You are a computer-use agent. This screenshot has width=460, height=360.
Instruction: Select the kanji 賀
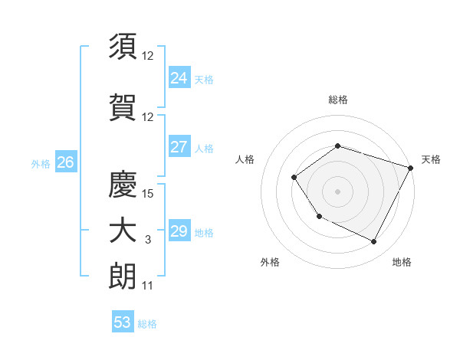[123, 107]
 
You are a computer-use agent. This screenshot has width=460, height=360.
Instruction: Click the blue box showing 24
[179, 77]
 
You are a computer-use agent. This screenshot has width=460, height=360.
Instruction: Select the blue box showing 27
[179, 147]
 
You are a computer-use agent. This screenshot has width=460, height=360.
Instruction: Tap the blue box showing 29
[179, 231]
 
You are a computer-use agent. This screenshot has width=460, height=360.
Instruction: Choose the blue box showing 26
[65, 162]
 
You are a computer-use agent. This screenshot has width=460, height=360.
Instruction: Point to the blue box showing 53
[123, 322]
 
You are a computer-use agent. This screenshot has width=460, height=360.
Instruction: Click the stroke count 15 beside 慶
[149, 194]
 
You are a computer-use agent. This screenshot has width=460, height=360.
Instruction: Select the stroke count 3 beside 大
[148, 241]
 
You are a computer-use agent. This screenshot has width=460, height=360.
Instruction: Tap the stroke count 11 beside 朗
[148, 286]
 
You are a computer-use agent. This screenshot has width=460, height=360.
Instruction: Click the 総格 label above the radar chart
[337, 100]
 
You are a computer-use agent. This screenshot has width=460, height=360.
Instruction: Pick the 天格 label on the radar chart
[431, 159]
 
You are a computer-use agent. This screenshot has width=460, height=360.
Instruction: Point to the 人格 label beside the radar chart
[245, 159]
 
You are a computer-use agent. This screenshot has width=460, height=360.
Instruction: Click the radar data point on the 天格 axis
[411, 167]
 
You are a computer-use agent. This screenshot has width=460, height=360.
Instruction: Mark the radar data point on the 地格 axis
[374, 242]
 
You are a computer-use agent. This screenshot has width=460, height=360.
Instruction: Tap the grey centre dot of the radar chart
[337, 191]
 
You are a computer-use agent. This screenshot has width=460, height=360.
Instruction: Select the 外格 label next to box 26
[41, 162]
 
